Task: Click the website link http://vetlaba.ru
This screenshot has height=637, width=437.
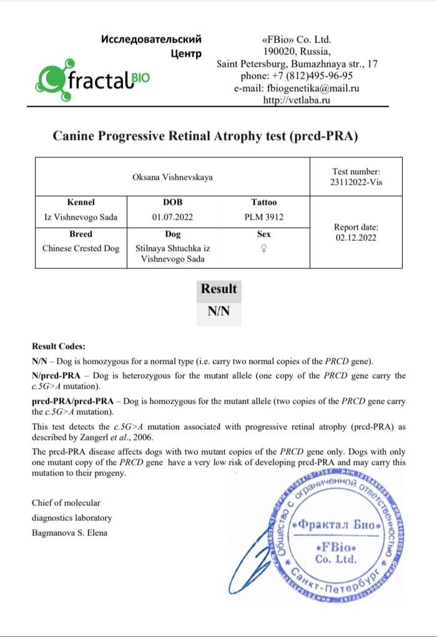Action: click(x=297, y=100)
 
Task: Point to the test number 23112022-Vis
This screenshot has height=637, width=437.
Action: click(x=356, y=183)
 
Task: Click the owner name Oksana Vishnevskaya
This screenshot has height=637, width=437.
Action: click(x=172, y=177)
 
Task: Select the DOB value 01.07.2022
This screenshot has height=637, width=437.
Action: click(x=172, y=217)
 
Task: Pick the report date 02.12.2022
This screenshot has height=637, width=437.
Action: click(x=356, y=238)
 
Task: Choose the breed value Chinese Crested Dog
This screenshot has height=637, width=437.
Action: click(x=81, y=248)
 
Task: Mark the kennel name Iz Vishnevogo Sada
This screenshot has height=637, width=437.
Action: click(x=81, y=217)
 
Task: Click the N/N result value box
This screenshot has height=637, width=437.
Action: click(x=219, y=312)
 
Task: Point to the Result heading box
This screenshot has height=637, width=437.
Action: click(x=219, y=289)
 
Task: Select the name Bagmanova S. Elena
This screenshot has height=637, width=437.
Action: click(x=69, y=532)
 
